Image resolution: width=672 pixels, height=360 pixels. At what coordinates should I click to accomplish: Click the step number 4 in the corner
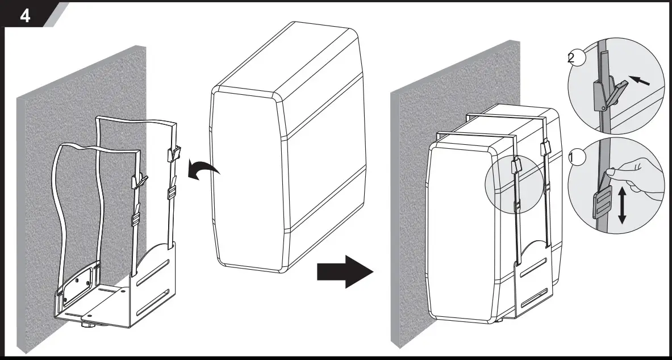(x=26, y=15)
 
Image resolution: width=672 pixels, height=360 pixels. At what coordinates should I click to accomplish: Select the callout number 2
(x=574, y=58)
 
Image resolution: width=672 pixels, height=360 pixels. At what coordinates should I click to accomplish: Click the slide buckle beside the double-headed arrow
(x=600, y=205)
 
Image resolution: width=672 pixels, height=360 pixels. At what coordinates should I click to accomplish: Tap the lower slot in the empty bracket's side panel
(x=155, y=297)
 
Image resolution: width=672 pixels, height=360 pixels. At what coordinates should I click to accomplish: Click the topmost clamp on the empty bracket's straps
(x=174, y=153)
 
